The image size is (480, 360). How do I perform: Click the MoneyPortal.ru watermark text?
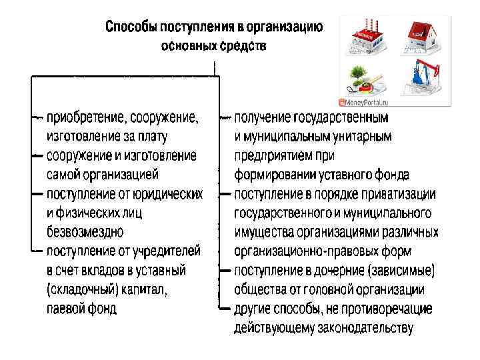click(x=365, y=103)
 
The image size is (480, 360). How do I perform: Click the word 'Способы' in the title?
click(x=129, y=28)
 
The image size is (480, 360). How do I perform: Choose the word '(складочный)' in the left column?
click(x=81, y=290)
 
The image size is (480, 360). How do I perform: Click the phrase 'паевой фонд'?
click(x=81, y=309)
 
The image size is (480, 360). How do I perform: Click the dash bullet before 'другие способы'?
click(x=225, y=309)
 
